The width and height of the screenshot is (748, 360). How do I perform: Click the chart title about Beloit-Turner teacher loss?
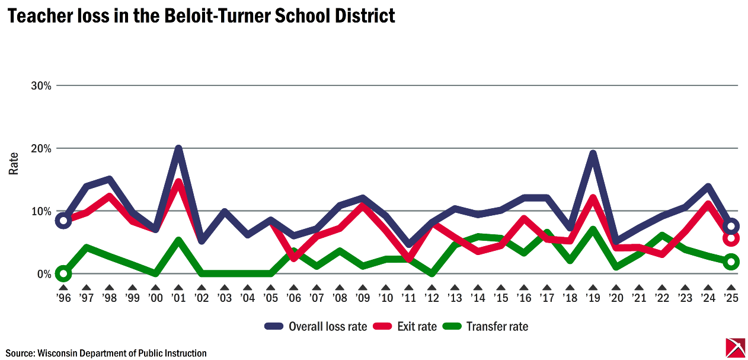tap(201, 15)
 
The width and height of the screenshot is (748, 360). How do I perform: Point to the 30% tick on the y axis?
tap(41, 85)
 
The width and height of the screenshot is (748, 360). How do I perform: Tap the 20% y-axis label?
tap(41, 148)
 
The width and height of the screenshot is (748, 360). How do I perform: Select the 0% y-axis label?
tap(43, 274)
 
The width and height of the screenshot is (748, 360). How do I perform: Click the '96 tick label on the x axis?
tap(63, 298)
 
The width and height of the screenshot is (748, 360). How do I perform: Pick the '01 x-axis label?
tap(178, 298)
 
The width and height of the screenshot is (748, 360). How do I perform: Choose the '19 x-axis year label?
tap(593, 298)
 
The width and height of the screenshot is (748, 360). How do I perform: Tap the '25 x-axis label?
tap(731, 298)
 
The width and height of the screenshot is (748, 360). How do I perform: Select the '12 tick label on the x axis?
tap(431, 298)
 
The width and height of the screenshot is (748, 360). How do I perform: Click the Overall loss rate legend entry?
tap(317, 326)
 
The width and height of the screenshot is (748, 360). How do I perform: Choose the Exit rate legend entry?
tap(408, 326)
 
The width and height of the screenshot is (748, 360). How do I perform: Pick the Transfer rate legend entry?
tap(487, 326)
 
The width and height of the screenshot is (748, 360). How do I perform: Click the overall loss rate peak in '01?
tap(178, 149)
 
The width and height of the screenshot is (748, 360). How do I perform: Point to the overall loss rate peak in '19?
tap(593, 154)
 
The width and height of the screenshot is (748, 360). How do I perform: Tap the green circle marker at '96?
tap(63, 273)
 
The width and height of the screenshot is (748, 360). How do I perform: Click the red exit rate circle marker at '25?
tap(731, 238)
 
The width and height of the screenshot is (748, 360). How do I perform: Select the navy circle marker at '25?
tap(731, 226)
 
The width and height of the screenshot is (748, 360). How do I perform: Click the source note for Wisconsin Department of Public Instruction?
tap(107, 353)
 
